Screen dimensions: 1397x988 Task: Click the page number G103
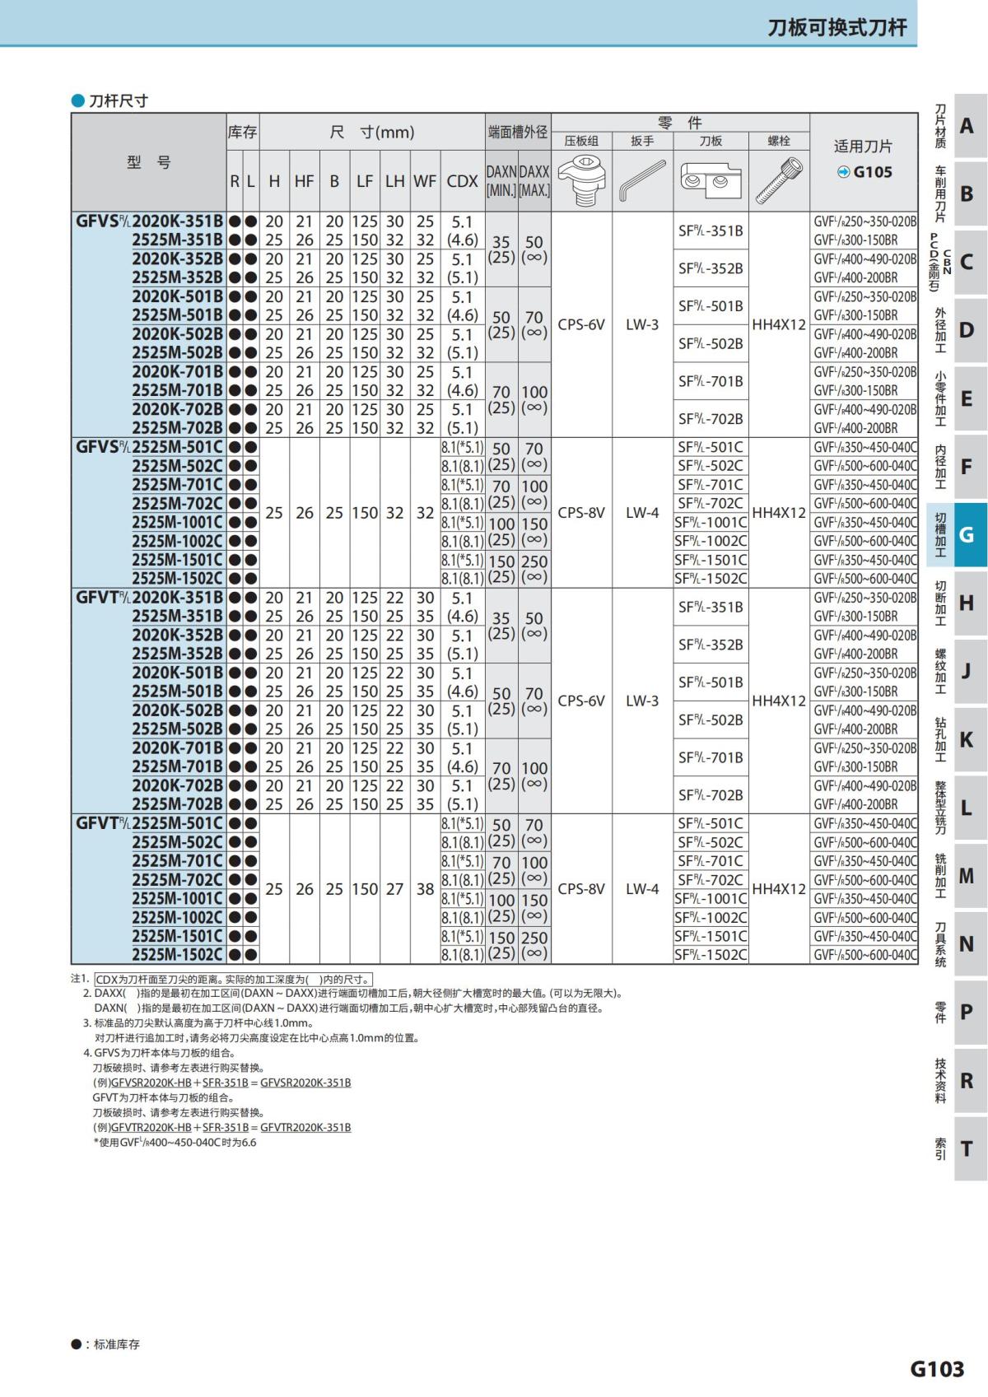point(937,1368)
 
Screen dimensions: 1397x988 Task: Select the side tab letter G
point(967,535)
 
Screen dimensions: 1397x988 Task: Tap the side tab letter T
point(967,1148)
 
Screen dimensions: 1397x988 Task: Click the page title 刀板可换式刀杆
point(837,27)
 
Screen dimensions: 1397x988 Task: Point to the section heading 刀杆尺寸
point(118,101)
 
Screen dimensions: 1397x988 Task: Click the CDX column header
point(462,181)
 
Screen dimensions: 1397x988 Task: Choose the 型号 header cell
point(149,162)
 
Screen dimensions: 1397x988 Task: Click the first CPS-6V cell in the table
point(581,324)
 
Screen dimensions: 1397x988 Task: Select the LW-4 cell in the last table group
point(642,889)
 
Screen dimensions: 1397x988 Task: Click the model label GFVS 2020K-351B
point(150,221)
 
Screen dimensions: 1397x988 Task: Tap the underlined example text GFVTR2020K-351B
point(305,1127)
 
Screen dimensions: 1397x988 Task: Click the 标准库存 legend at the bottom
point(116,1344)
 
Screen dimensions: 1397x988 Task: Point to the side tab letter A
point(967,126)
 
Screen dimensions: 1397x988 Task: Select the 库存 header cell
point(242,133)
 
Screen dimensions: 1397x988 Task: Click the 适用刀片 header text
point(863,147)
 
